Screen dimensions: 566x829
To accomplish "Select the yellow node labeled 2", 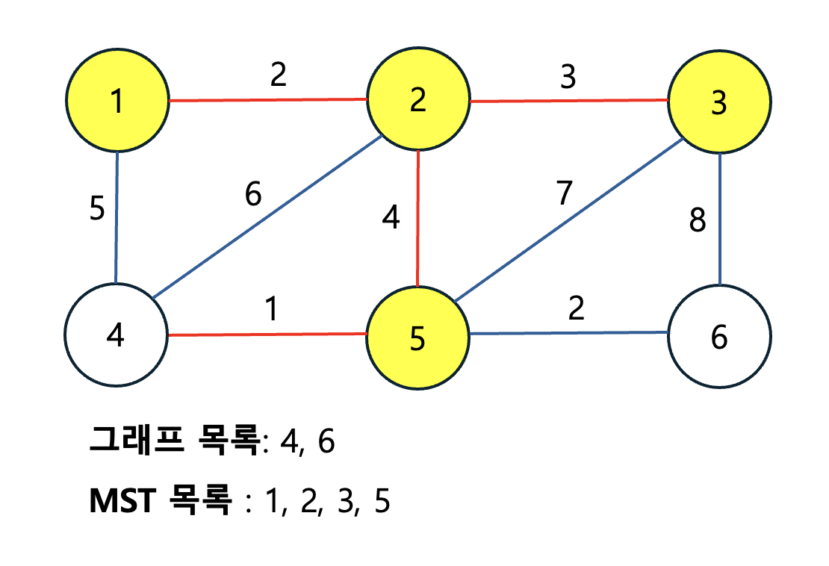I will [417, 100].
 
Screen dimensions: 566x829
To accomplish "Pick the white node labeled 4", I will [116, 335].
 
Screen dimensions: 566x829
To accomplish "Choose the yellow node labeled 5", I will [417, 338].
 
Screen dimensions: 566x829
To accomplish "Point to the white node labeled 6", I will [719, 337].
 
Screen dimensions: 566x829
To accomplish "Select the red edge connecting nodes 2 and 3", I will [568, 100].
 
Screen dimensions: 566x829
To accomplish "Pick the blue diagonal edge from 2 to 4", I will [269, 217].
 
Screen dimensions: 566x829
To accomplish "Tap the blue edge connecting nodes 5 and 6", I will [568, 333].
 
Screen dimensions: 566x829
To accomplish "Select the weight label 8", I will [697, 222].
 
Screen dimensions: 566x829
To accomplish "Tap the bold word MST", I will [122, 502].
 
